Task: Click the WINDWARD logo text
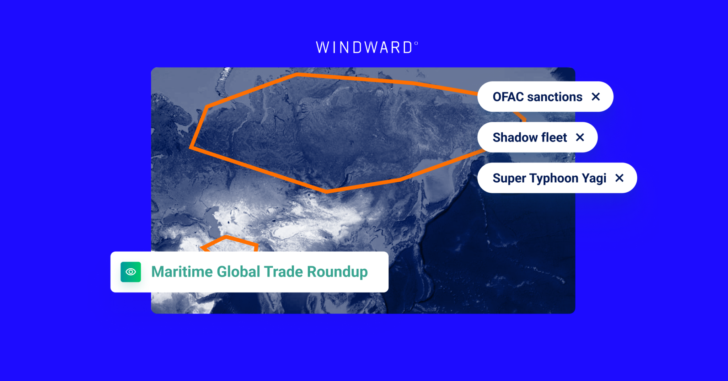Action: (364, 48)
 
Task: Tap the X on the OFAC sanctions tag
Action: (596, 97)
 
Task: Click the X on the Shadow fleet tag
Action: (580, 137)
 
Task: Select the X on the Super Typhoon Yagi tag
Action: (619, 178)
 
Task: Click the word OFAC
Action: (508, 97)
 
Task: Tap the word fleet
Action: (554, 137)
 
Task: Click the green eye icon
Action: (131, 272)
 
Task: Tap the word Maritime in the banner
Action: (182, 272)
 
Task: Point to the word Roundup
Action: (337, 272)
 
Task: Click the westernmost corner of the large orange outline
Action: (191, 147)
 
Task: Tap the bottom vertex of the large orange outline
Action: (326, 192)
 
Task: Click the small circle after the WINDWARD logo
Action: (416, 43)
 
